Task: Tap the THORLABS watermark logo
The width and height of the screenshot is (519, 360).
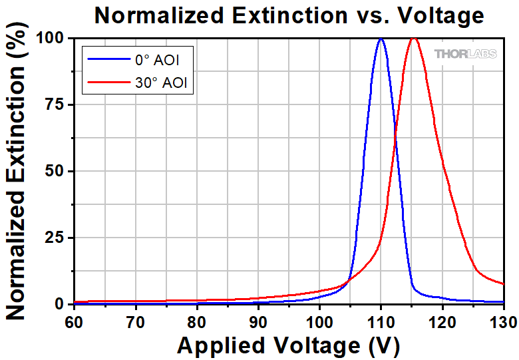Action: point(466,54)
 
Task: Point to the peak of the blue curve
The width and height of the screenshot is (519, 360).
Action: point(381,39)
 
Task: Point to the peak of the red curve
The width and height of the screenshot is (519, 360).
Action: point(414,39)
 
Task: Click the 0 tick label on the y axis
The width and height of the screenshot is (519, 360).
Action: point(63,304)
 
